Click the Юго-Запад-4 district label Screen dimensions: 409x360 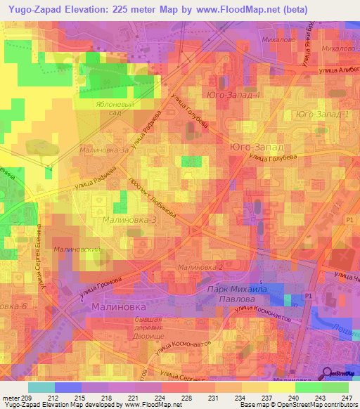234,94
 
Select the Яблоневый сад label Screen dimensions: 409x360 108,106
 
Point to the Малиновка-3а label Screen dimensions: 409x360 105,149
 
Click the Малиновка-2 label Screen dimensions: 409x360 200,267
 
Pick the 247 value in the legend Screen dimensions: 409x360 348,398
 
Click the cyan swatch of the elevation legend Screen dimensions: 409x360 41,387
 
